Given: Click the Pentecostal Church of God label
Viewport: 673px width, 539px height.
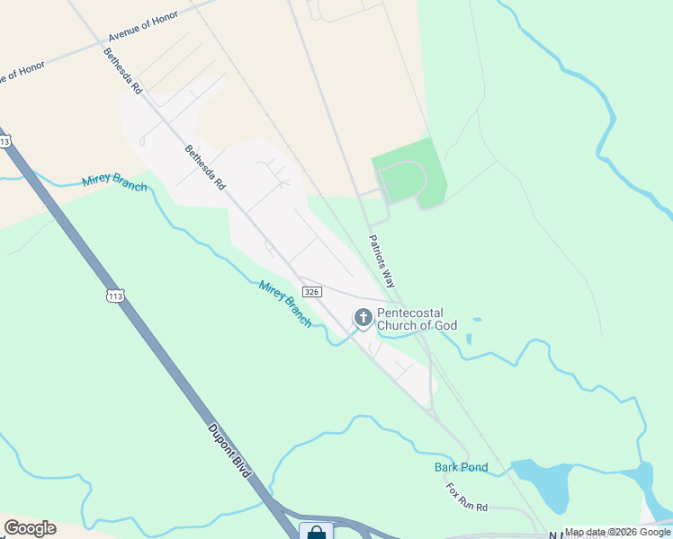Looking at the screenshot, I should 417,319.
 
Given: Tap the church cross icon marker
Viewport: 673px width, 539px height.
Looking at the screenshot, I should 363,317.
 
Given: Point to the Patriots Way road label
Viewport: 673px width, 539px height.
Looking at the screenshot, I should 381,261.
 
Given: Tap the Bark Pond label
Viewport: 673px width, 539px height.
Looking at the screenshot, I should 461,467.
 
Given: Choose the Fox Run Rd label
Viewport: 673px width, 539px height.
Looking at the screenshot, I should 466,497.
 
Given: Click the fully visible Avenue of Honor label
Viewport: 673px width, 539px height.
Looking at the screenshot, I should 143,28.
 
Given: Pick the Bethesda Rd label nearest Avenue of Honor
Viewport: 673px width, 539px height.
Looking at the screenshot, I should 122,72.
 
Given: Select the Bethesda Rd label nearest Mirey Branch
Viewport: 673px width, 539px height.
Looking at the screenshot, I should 205,168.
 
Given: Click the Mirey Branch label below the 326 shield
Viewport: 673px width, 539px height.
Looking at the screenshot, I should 284,304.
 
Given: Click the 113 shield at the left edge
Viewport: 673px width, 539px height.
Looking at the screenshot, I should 5,142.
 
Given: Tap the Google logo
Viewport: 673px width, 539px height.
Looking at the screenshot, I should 30,528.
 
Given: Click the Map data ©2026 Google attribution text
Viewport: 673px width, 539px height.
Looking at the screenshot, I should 617,532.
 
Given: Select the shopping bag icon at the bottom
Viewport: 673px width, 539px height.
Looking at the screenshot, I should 316,532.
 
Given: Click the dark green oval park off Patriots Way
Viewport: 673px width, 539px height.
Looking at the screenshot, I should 409,175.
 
